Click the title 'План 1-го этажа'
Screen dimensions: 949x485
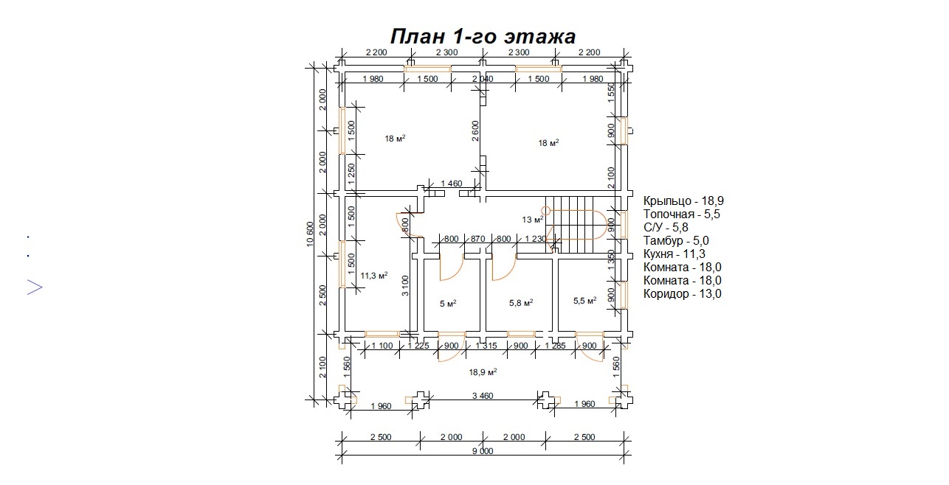point(483,36)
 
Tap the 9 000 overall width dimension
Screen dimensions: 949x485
point(483,451)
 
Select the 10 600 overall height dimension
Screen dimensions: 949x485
point(310,234)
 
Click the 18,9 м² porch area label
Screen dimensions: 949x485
point(483,372)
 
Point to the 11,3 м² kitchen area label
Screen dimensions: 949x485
point(374,276)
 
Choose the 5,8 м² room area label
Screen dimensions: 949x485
point(521,303)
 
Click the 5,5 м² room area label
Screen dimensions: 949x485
point(584,301)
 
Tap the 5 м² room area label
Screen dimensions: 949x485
point(448,304)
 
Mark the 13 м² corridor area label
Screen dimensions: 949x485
point(533,220)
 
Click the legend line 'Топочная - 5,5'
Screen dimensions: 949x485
point(682,214)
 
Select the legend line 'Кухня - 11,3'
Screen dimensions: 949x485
point(674,254)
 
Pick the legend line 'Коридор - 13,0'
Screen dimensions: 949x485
point(682,293)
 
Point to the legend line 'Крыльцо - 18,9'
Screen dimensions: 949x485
point(683,201)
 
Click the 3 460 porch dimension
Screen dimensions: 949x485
point(483,396)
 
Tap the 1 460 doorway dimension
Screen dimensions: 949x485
point(451,184)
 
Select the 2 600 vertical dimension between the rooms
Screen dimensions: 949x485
point(475,130)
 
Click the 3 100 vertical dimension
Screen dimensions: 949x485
point(405,286)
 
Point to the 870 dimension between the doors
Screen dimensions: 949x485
point(477,239)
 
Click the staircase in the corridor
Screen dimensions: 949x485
point(576,224)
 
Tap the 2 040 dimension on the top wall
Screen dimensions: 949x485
point(483,79)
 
